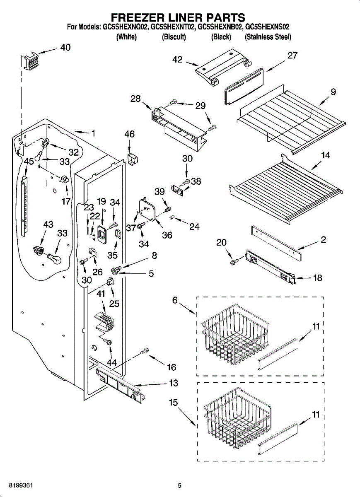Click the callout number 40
[65, 47]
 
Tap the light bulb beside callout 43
[55, 258]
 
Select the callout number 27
[292, 55]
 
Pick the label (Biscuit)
[174, 37]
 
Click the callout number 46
[129, 134]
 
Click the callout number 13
[174, 383]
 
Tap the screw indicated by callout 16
[145, 351]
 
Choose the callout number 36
[167, 235]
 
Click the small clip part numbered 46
[133, 159]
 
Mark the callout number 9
[333, 92]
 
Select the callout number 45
[29, 162]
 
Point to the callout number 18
[317, 277]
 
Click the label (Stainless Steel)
[268, 37]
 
